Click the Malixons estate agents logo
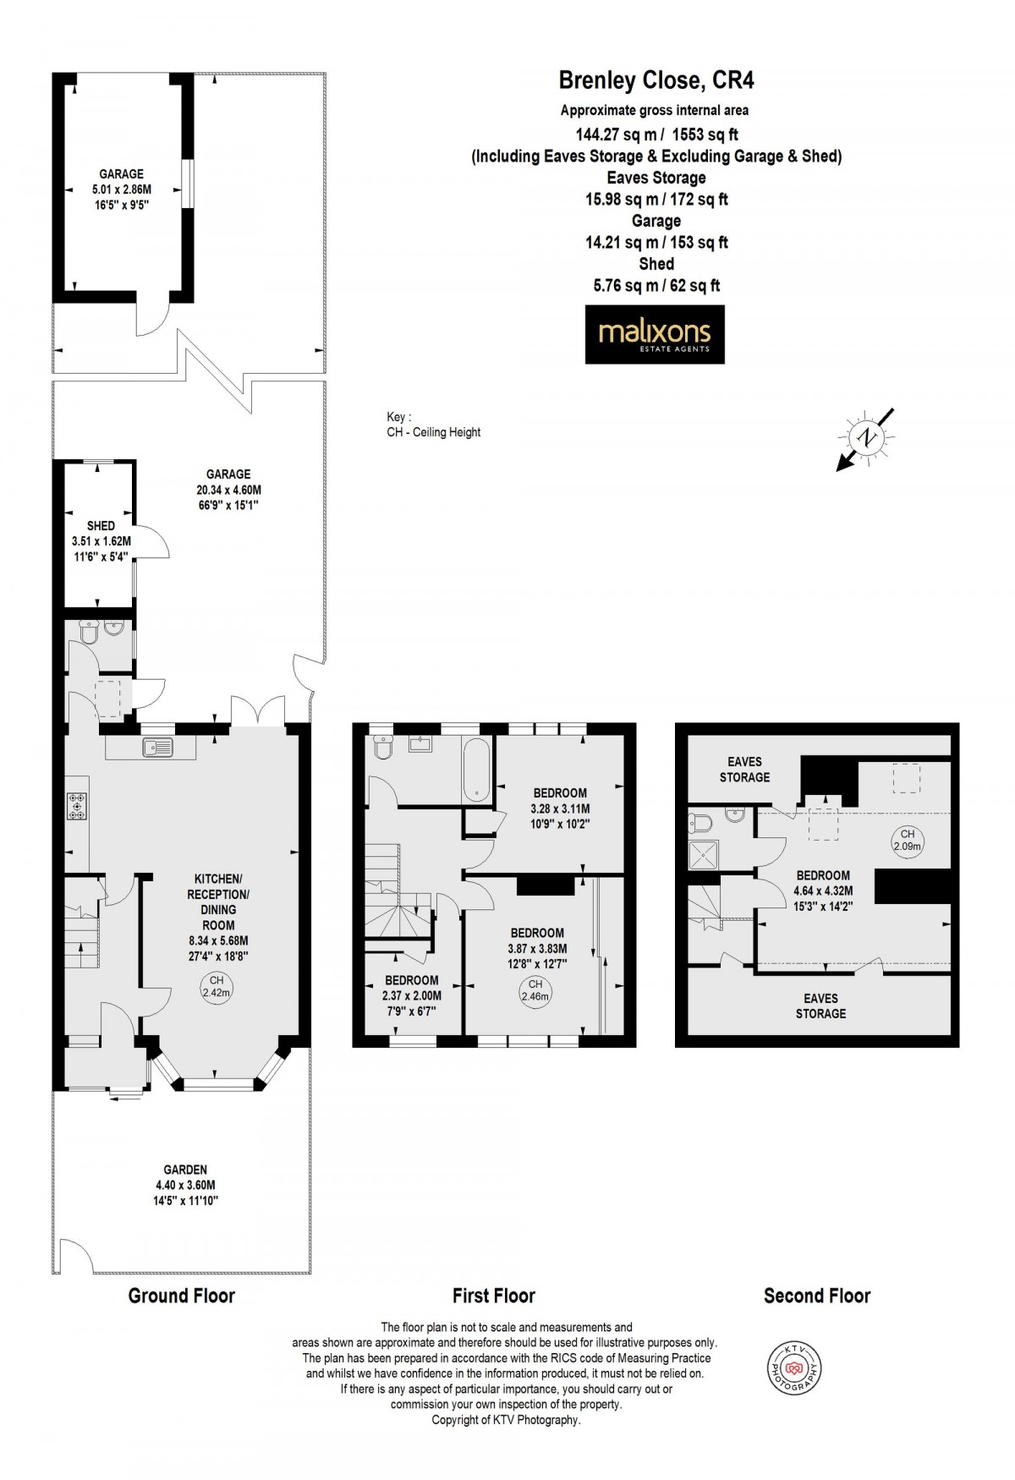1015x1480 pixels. tap(655, 335)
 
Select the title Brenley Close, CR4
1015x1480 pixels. tap(656, 80)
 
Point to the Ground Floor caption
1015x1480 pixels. tap(181, 1295)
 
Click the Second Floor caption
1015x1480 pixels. tap(816, 1295)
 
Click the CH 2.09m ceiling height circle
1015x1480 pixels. tap(907, 839)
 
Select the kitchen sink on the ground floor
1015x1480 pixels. tap(158, 746)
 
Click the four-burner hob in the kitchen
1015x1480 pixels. tap(78, 807)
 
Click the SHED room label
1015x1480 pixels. tap(101, 525)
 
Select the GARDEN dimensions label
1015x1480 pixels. tap(186, 1185)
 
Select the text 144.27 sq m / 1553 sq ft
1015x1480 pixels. tap(656, 133)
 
